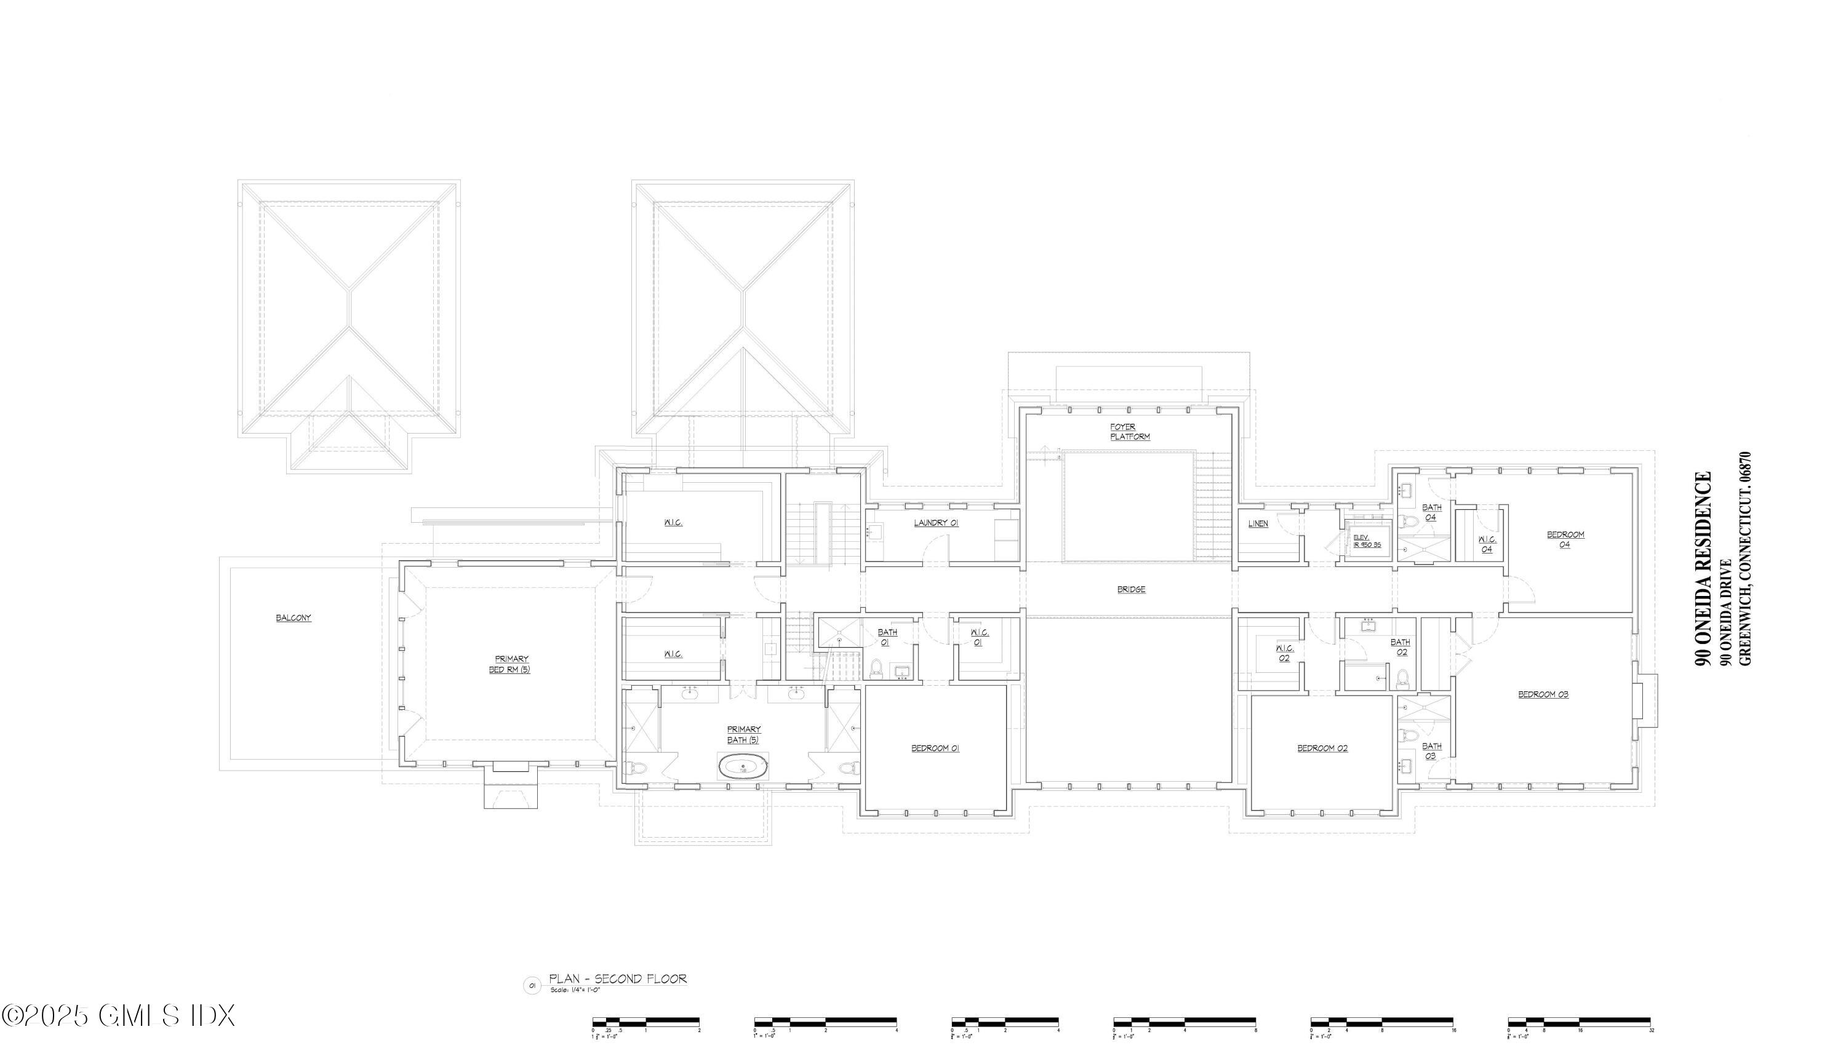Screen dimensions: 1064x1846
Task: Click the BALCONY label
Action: [x=293, y=618]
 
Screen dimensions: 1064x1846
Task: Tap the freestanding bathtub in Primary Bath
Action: [x=743, y=768]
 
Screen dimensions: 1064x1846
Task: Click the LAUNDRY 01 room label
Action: [x=936, y=523]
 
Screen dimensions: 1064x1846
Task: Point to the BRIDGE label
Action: [x=1131, y=590]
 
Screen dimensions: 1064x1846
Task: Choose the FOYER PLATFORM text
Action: [x=1130, y=432]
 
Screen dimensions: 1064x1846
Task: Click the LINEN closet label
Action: [x=1258, y=524]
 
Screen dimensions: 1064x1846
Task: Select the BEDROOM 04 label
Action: [x=1565, y=539]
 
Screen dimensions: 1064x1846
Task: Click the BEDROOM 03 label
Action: [x=1543, y=694]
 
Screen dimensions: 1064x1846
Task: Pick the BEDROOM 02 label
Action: [x=1322, y=748]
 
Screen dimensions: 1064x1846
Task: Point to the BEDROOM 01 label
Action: [x=935, y=748]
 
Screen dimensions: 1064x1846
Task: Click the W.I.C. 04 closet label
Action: [x=1487, y=544]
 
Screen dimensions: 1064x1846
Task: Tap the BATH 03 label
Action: [x=1431, y=750]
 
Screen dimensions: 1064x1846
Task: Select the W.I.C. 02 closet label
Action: [x=1285, y=653]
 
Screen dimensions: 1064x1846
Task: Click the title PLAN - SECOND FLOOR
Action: [x=618, y=979]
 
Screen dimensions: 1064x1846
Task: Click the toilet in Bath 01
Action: [x=876, y=667]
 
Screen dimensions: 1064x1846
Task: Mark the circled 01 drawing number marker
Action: [x=532, y=986]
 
